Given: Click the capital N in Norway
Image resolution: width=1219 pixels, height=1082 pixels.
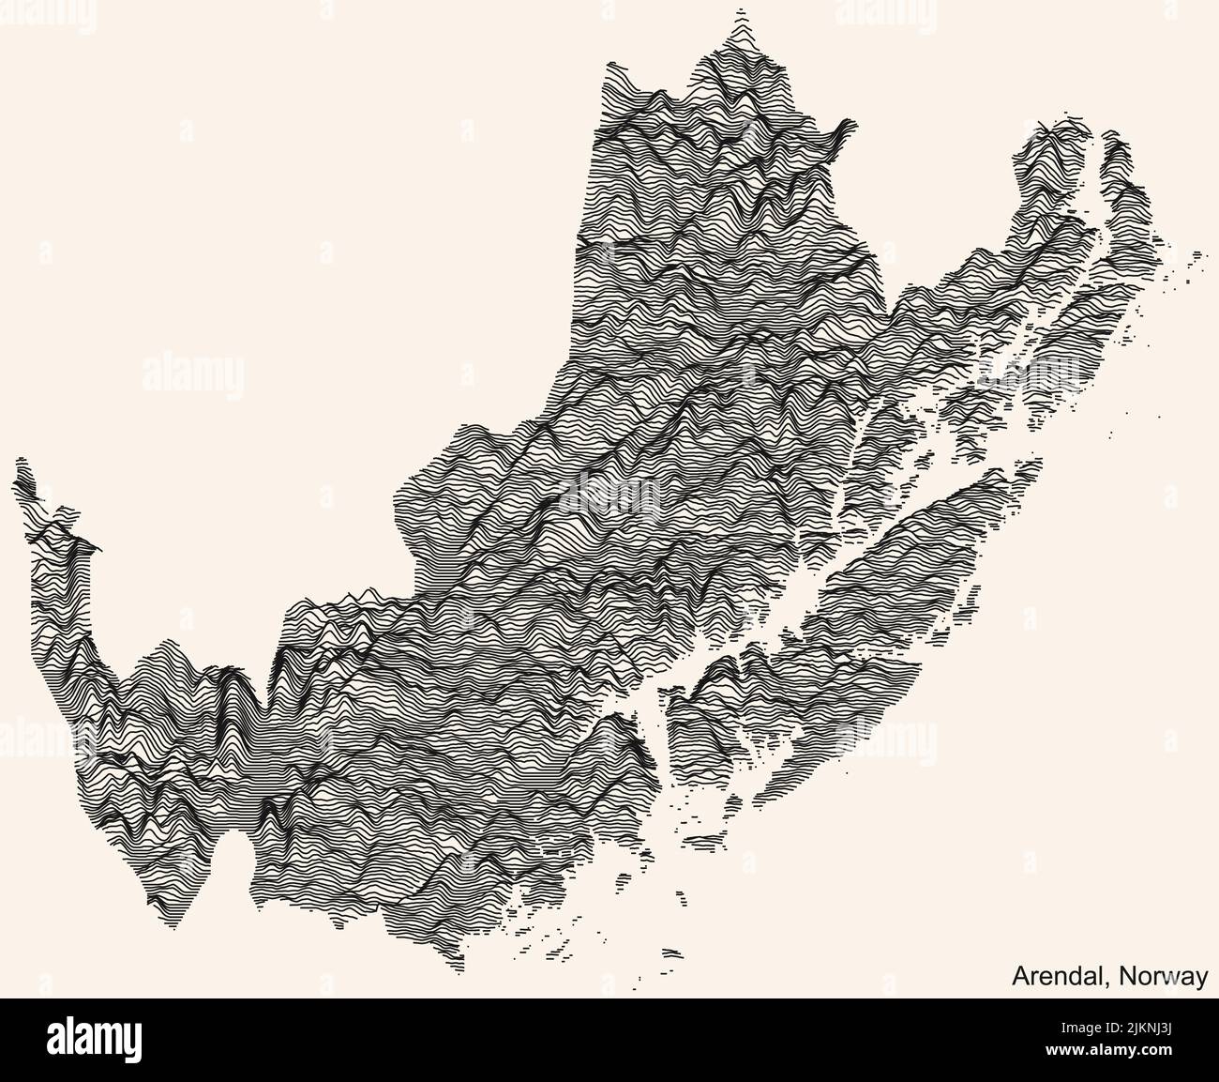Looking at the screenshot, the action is pyautogui.click(x=1123, y=976).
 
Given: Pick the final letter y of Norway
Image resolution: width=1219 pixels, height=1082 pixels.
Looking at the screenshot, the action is pyautogui.click(x=1202, y=979).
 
